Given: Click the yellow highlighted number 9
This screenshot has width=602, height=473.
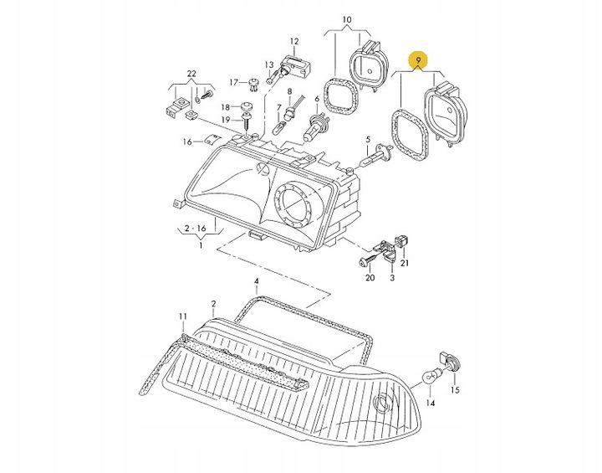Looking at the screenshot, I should pos(416,60).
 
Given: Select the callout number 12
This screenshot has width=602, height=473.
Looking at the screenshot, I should pos(293,41).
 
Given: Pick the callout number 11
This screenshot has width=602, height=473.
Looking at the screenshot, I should pos(182,316).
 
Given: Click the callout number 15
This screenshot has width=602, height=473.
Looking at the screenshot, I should pos(455,390).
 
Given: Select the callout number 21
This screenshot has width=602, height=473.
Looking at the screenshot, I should pos(406,264).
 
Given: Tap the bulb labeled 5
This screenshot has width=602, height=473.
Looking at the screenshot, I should pos(374,156).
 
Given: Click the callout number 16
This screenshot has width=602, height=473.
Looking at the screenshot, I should pos(188,141).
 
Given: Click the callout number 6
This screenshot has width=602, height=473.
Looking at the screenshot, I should pos(317,99).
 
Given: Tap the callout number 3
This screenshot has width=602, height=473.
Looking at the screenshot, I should pos(390,278).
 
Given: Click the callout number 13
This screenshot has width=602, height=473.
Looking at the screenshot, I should pos(269,64).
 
